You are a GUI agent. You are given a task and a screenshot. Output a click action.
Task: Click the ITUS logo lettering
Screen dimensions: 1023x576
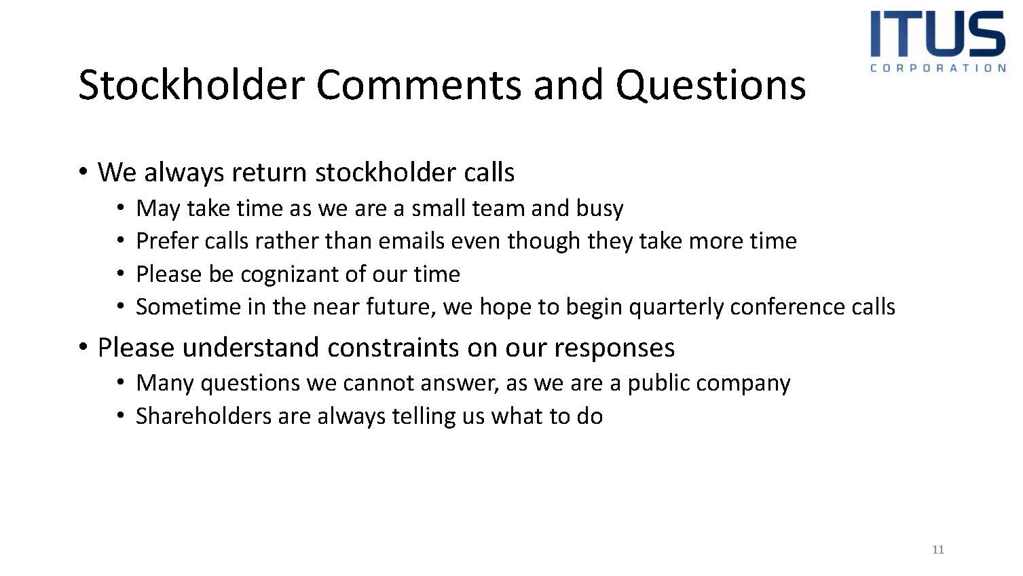click(x=937, y=34)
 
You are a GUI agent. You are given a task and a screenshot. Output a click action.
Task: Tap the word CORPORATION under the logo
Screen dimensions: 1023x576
click(x=938, y=68)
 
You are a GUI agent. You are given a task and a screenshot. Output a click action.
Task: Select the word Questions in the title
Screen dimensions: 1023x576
click(x=711, y=86)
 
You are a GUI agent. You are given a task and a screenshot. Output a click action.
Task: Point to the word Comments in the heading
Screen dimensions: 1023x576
click(x=419, y=86)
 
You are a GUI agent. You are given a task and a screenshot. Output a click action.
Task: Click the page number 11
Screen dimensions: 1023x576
click(x=938, y=550)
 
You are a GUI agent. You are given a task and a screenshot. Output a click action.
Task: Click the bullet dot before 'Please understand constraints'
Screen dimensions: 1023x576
click(x=83, y=347)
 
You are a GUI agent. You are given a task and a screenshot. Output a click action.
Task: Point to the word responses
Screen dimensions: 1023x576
click(x=614, y=350)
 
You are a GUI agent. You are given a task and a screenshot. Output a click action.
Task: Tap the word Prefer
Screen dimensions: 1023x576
click(x=167, y=241)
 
